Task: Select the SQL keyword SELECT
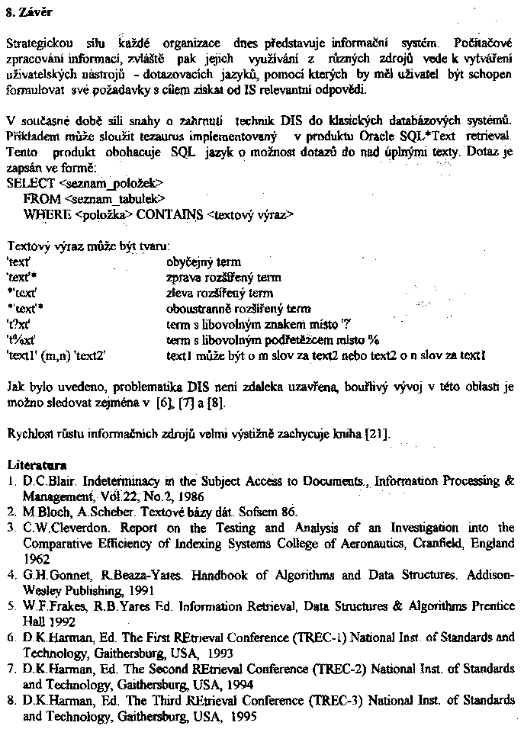pos(31,183)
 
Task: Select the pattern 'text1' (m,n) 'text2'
pos(55,355)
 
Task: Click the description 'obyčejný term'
pos(203,262)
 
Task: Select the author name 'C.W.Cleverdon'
pos(58,528)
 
